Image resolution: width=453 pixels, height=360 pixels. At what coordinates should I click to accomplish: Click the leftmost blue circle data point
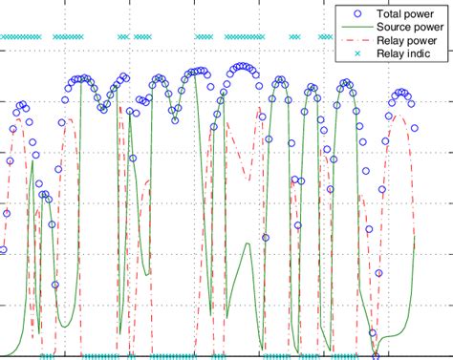pyautogui.click(x=3, y=250)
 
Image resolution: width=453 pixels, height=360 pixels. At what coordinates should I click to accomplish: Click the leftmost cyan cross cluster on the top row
pyautogui.click(x=20, y=37)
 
